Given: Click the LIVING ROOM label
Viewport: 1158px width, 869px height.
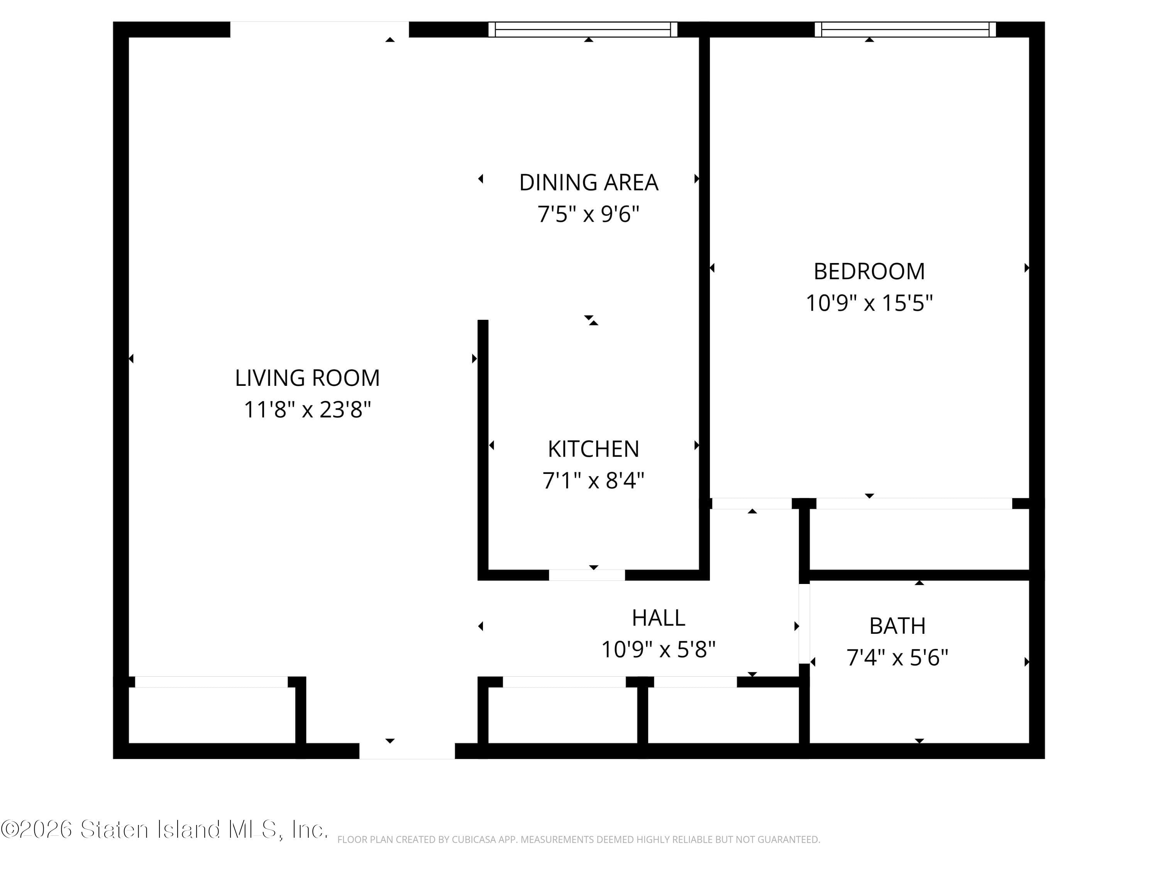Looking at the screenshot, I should tap(307, 378).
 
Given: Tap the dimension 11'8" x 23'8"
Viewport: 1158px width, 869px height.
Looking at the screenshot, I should tap(307, 410).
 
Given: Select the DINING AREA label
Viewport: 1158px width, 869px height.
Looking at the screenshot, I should tap(588, 183).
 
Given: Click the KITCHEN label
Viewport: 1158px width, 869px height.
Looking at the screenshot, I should tap(593, 449).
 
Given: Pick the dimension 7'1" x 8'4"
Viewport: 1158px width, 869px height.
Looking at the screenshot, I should tap(593, 480).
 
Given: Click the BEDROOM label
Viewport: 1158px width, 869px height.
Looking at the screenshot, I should tap(869, 272).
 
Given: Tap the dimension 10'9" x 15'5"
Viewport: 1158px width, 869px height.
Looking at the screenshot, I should tap(869, 303).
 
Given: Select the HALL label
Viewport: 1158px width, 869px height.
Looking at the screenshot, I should tap(658, 618).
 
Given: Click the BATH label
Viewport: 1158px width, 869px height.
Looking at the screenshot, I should tap(897, 626).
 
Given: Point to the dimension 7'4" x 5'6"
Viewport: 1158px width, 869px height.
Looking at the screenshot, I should tap(897, 657).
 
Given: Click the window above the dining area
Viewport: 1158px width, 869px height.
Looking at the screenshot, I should tap(582, 29).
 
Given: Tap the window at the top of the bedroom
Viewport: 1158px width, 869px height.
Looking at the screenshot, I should tap(905, 29).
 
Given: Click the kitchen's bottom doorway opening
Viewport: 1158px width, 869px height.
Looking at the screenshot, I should tap(587, 575).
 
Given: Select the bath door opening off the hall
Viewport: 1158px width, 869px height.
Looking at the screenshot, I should tap(804, 623).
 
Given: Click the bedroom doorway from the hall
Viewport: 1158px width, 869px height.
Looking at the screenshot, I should tap(752, 503).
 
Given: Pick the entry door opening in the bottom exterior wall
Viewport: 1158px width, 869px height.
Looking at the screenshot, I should tap(407, 750).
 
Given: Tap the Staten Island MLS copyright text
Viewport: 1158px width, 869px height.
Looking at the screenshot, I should tap(164, 830).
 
